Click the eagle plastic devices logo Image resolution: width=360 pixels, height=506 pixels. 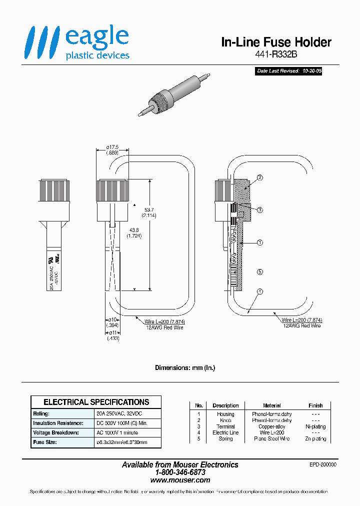[x=78, y=43]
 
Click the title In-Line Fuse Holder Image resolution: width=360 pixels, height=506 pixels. [x=276, y=42]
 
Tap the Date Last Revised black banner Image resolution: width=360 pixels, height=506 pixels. [x=288, y=71]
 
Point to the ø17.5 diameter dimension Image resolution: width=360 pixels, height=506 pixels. [x=112, y=146]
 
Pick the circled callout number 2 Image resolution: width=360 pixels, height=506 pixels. [x=259, y=177]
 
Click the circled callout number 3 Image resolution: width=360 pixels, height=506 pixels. [x=259, y=210]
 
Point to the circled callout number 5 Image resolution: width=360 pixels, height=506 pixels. [x=259, y=272]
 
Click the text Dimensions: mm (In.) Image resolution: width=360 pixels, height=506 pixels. [x=184, y=367]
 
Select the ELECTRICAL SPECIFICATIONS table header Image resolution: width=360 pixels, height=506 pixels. [x=96, y=402]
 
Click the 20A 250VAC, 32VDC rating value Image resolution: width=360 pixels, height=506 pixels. [x=122, y=414]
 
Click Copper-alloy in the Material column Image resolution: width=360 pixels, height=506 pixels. [x=271, y=426]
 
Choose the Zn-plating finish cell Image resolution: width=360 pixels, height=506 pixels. [x=315, y=439]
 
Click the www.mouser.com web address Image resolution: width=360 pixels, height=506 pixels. [x=180, y=480]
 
